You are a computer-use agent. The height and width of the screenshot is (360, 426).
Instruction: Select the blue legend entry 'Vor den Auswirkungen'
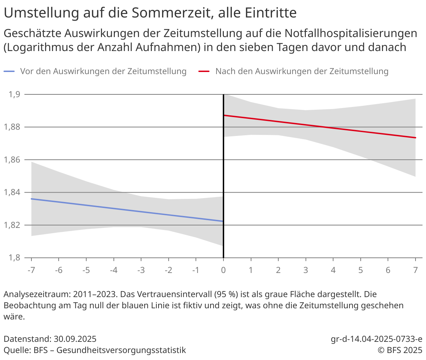point(103,71)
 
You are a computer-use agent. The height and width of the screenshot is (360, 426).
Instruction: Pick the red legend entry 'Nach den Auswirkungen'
point(302,71)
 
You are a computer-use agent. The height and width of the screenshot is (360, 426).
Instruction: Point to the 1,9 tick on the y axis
point(15,94)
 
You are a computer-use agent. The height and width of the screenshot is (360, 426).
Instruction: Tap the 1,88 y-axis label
point(13,127)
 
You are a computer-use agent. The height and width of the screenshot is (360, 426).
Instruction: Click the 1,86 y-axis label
point(13,160)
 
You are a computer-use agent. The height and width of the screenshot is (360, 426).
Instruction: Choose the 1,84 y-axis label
point(13,192)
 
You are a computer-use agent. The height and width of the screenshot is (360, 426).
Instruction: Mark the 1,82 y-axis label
point(13,225)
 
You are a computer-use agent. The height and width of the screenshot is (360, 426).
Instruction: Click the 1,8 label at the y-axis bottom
point(15,258)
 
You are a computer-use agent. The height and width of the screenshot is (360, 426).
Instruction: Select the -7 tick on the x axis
point(31,270)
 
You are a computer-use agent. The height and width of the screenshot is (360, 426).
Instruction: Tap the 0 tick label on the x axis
point(223,270)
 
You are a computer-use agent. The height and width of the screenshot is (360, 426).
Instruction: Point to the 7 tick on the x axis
point(416,270)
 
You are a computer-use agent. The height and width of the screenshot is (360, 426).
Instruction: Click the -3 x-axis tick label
point(141,270)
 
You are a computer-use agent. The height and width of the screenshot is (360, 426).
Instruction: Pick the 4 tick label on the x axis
point(333,270)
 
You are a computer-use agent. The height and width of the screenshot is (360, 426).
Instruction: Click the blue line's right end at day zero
point(222,221)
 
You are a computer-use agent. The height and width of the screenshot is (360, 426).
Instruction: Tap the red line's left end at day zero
point(225,115)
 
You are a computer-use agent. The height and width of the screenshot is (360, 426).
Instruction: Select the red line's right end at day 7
point(416,138)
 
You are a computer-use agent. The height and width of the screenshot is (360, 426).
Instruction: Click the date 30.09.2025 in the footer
point(75,339)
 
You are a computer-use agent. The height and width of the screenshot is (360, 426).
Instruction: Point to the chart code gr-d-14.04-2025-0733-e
point(376,339)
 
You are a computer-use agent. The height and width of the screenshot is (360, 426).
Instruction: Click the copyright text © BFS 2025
point(400,350)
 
